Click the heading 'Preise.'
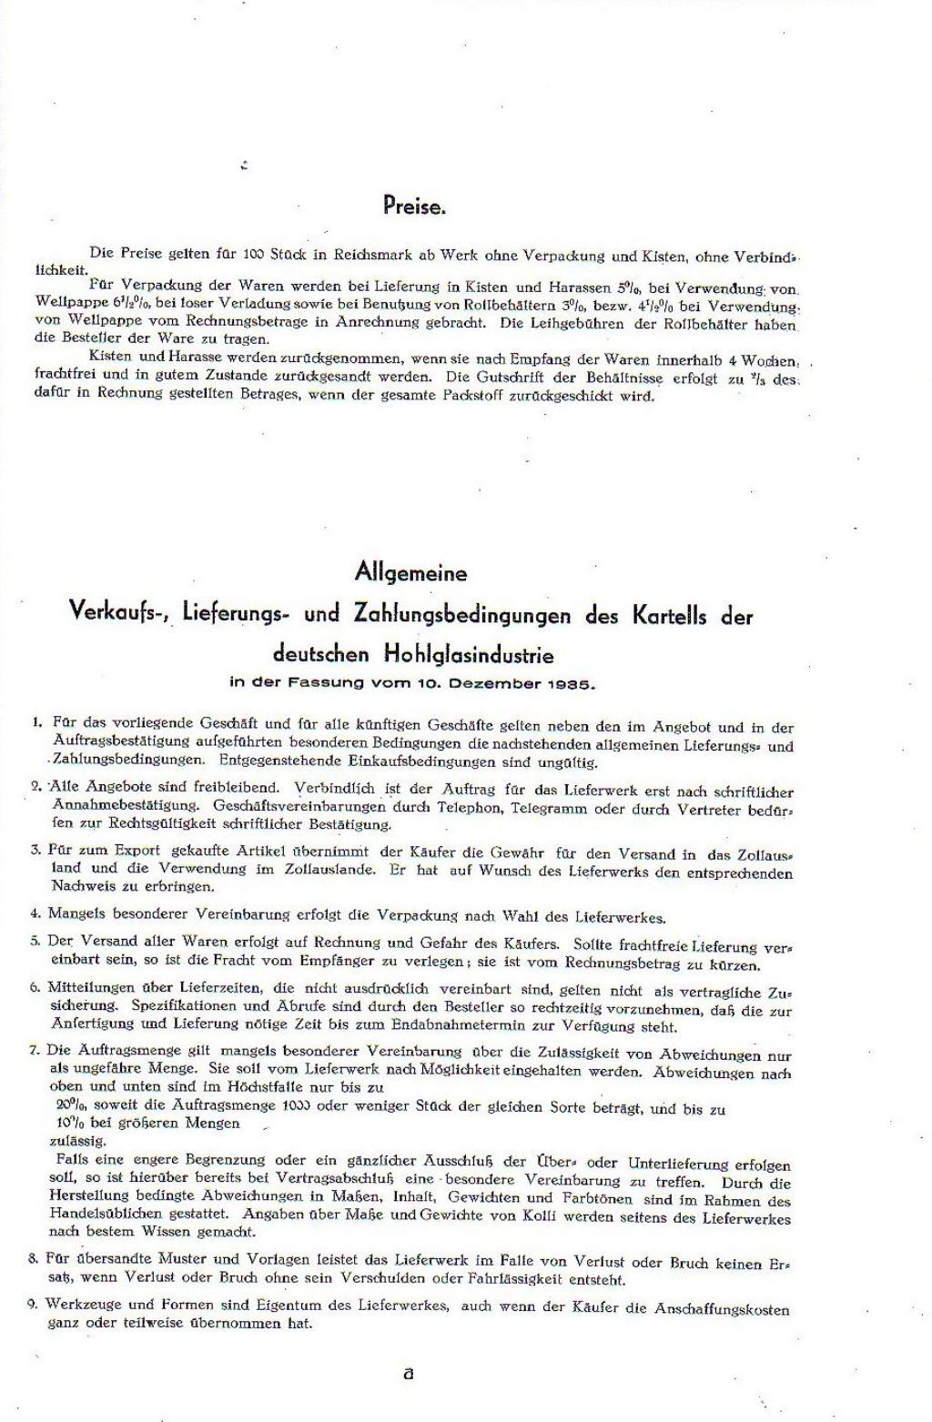coord(414,207)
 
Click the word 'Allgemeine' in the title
coord(410,573)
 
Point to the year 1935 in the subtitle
coord(574,683)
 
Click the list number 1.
coord(36,722)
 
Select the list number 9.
coord(33,1304)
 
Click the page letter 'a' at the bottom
coord(408,1374)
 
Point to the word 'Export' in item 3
coord(139,852)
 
